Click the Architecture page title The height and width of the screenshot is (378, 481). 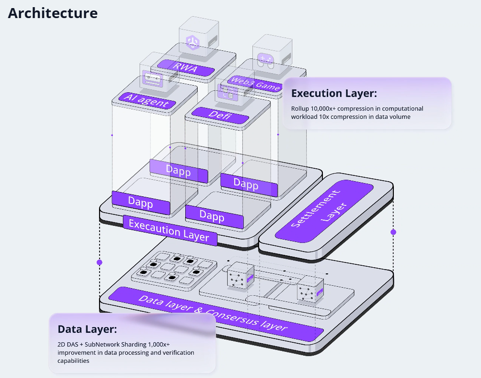53,13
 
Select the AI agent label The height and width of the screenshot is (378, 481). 143,100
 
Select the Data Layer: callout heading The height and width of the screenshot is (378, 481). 87,329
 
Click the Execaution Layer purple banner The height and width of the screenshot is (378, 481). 170,230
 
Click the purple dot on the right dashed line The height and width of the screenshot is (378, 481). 393,232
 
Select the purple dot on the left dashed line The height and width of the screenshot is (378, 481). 100,262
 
